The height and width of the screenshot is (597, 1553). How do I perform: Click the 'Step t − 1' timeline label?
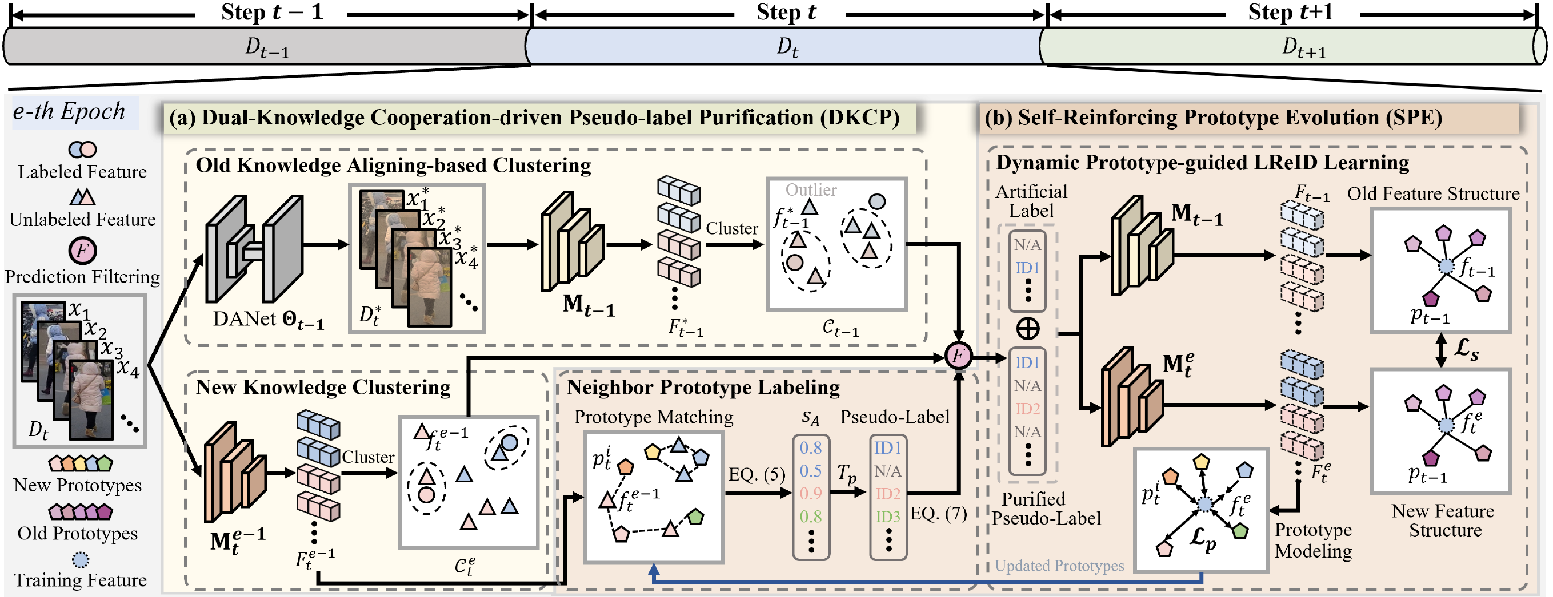tap(272, 12)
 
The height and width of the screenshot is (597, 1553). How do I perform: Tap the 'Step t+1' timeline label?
tap(1290, 12)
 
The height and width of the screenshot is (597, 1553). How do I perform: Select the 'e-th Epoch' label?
tap(69, 111)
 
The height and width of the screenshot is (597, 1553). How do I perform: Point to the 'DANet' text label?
tap(245, 318)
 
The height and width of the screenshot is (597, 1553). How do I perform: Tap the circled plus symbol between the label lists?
tap(1028, 328)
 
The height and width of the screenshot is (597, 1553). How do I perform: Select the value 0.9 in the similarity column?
tap(811, 493)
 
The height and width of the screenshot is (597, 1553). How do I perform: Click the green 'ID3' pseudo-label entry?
tap(888, 517)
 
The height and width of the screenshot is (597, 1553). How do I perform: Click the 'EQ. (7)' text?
tap(938, 513)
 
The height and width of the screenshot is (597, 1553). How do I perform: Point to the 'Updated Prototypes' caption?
tap(1059, 566)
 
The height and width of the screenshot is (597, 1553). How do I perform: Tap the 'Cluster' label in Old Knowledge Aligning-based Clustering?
tap(732, 228)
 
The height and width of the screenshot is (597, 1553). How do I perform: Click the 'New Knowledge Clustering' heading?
tap(323, 387)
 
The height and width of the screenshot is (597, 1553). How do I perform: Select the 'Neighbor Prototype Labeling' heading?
tap(703, 387)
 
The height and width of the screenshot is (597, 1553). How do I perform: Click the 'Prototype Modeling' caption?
tap(1313, 540)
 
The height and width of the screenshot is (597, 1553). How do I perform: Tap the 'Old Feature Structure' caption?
tap(1433, 193)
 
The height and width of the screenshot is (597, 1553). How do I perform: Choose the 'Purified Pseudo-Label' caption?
tap(1046, 509)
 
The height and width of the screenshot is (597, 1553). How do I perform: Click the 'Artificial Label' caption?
tap(1031, 201)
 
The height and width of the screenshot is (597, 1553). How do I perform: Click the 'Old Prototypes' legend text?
tap(77, 533)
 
